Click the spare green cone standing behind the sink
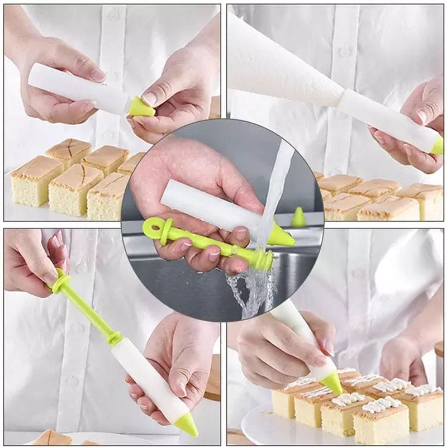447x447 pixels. click(x=299, y=217)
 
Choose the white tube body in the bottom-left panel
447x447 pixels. click(x=148, y=380)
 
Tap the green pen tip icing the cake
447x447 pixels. click(x=332, y=383)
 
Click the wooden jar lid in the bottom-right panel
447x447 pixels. click(x=439, y=349)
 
